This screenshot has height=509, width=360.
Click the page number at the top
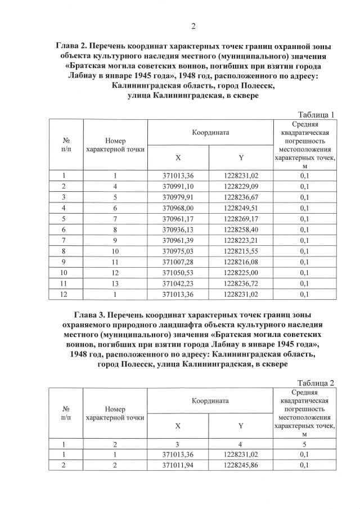coord(193,25)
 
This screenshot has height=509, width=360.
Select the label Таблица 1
coord(316,115)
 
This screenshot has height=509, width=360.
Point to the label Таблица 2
coord(316,383)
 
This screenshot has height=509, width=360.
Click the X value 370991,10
coord(178,186)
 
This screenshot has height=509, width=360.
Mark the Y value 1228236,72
coord(241,282)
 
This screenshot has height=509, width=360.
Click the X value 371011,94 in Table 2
coord(178,465)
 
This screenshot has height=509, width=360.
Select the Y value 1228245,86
coord(241,465)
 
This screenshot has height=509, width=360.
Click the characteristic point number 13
coord(115,282)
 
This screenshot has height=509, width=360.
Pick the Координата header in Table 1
coord(209,133)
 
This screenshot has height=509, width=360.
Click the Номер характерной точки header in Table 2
coord(115,413)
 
